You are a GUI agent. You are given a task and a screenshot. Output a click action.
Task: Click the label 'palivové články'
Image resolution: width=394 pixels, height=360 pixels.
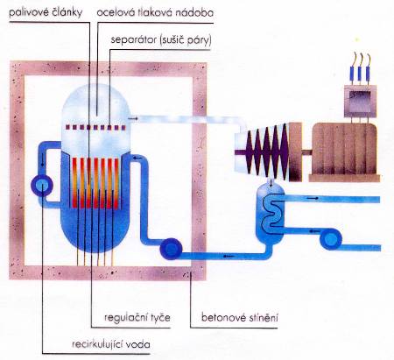point(46,12)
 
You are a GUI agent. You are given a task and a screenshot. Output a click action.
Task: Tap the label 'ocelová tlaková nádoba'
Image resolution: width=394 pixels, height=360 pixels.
point(155,12)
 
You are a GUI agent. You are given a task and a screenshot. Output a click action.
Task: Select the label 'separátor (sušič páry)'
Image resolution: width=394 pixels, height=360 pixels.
point(161,40)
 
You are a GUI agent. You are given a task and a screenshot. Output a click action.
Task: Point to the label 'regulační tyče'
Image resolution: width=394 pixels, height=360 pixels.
point(137,317)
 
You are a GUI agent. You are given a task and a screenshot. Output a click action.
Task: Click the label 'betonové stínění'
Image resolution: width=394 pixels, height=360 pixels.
point(240,317)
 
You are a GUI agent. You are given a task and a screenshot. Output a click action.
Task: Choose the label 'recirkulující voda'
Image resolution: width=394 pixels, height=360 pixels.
point(111,344)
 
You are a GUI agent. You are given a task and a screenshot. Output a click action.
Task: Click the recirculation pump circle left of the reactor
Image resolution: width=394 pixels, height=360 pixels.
point(42,185)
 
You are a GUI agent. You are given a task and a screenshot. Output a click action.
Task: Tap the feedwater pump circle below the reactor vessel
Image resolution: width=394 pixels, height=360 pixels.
point(171,249)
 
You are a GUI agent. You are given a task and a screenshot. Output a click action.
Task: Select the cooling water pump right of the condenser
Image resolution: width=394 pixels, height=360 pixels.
point(331,240)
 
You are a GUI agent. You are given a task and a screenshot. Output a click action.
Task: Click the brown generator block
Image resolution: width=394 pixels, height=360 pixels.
point(344,152)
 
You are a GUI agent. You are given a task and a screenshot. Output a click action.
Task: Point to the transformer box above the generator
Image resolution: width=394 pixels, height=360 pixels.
point(360,101)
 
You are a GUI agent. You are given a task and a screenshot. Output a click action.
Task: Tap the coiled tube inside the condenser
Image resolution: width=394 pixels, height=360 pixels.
point(272,213)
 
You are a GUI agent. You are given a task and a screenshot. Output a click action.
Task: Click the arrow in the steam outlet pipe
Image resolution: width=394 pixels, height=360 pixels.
point(132,118)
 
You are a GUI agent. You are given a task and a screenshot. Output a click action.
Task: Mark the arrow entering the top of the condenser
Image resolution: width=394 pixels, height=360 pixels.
point(271,184)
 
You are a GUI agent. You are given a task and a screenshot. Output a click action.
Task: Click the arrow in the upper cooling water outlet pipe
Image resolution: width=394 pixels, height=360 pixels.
point(313,198)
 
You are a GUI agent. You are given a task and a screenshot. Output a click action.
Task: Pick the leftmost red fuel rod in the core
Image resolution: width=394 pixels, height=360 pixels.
point(74,183)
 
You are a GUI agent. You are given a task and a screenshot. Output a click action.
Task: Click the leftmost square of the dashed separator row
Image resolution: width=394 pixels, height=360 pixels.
point(68,127)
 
